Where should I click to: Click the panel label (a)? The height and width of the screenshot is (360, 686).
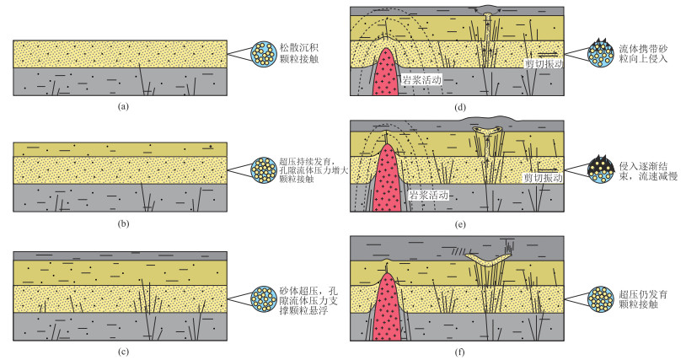(124, 106)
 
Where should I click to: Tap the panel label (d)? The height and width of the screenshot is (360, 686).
(459, 106)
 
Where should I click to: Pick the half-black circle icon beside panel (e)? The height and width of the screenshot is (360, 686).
(602, 174)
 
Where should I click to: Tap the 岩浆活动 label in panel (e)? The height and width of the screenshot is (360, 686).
(427, 194)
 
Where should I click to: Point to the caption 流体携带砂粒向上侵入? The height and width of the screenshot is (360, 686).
(648, 53)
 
